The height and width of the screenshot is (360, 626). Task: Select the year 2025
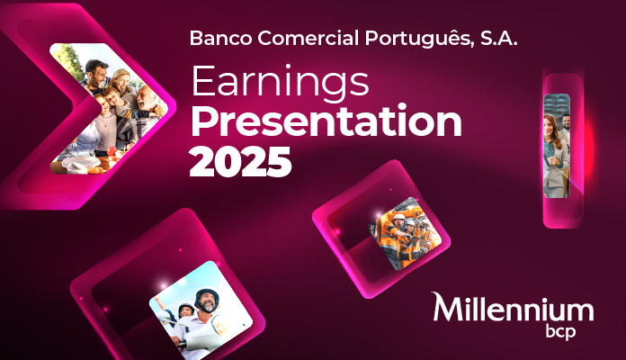click(x=241, y=161)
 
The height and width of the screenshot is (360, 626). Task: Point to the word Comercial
click(x=305, y=40)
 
